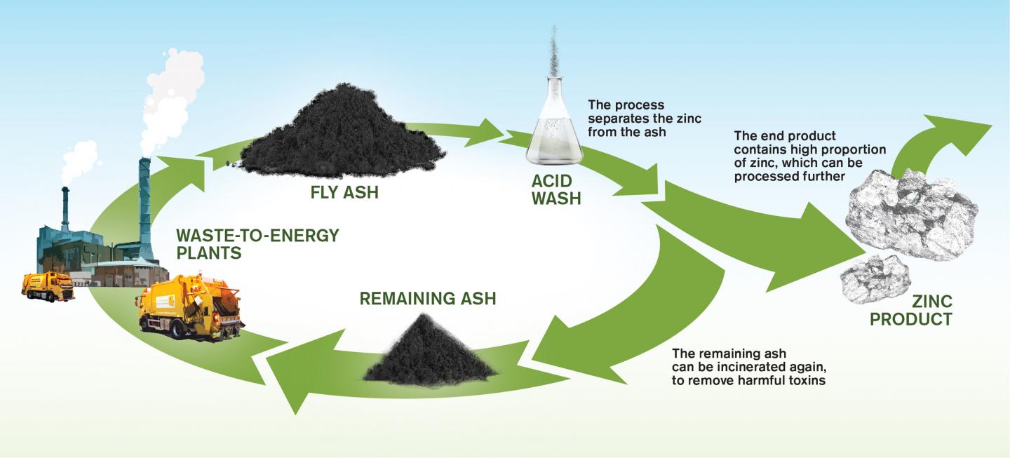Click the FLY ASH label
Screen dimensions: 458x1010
click(x=344, y=191)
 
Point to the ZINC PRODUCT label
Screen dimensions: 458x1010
click(x=910, y=311)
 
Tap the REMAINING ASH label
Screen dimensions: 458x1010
click(x=427, y=298)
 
